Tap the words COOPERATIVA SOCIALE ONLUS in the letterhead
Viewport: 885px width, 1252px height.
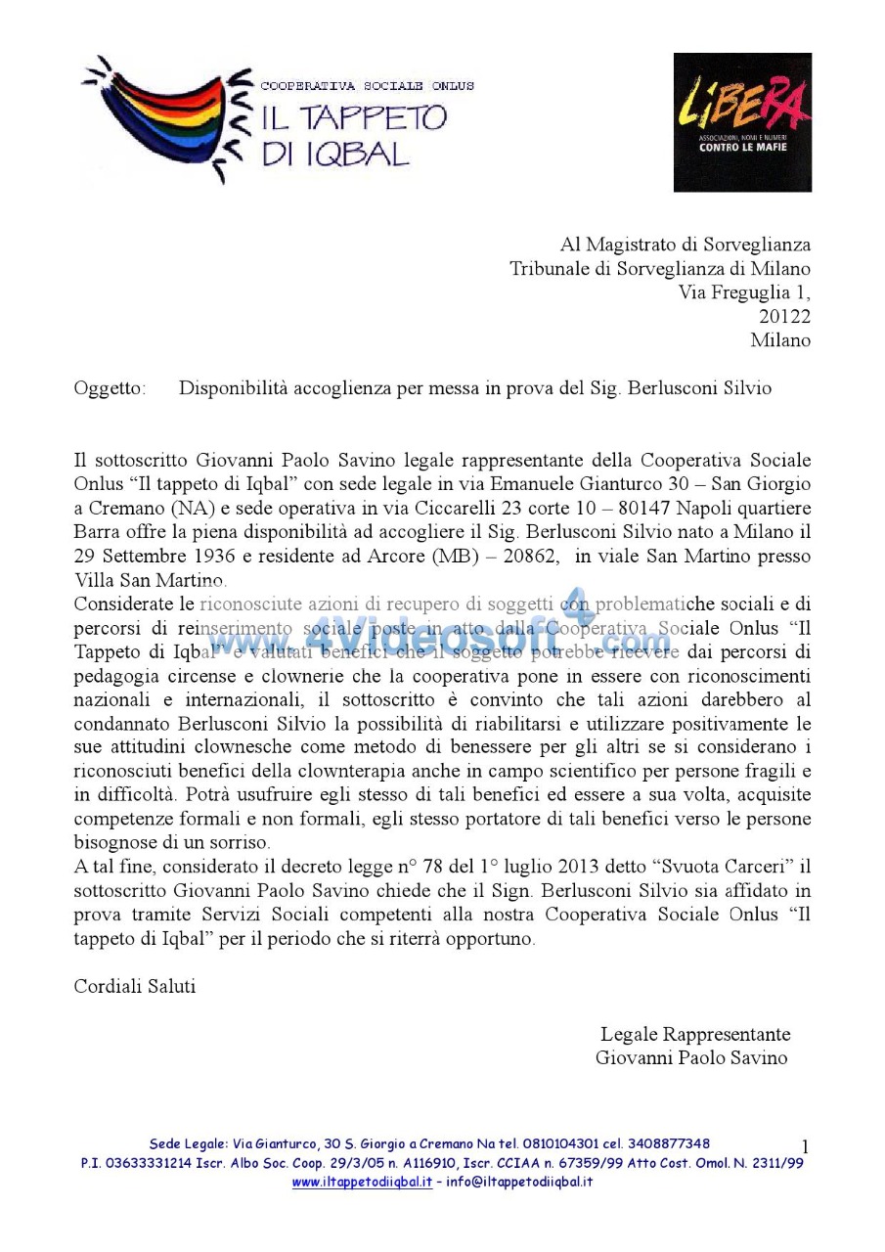coord(367,86)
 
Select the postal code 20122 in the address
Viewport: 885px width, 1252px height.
coord(784,316)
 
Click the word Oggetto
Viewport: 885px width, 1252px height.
coord(110,388)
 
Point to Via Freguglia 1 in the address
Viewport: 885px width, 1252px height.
coord(744,291)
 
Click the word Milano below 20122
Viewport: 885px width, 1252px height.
coord(780,340)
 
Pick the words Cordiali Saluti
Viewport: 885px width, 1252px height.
coord(135,986)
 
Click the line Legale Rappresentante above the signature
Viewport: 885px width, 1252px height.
coord(695,1034)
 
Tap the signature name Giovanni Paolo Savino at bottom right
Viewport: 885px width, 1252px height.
coord(691,1057)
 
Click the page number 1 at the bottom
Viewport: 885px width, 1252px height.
coord(805,1146)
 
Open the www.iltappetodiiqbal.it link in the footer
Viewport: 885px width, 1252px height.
coord(362,1182)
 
